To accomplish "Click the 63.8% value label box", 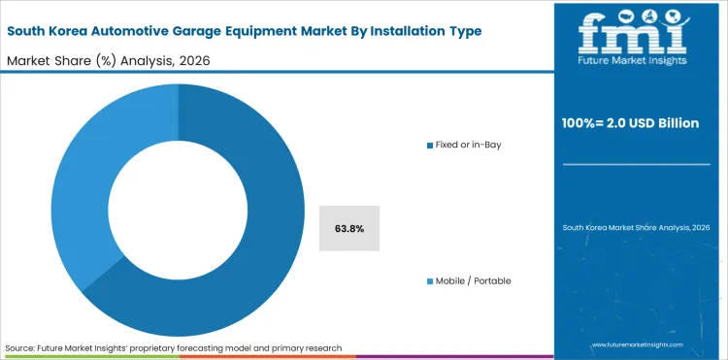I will pos(348,229).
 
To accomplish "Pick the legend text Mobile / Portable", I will pos(474,280).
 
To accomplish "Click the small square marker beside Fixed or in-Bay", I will pos(430,145).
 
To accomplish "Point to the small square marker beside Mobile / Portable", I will pos(430,280).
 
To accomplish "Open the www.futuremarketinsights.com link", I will pos(637,345).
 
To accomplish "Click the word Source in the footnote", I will pos(20,347).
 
